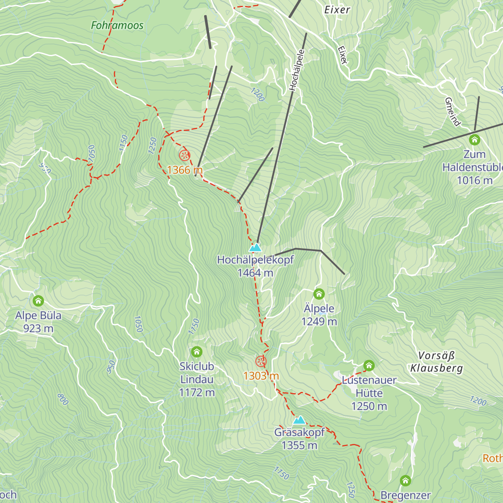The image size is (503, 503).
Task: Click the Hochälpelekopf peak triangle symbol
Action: (x=255, y=247)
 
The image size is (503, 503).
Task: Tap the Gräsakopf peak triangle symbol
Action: (x=299, y=420)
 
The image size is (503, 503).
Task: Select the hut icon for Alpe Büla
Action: (x=38, y=301)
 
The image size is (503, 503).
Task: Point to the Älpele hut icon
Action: (x=319, y=294)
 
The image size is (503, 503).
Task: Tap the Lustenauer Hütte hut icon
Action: (x=369, y=365)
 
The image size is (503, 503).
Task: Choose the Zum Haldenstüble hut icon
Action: (x=474, y=140)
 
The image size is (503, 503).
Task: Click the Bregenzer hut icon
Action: (x=405, y=480)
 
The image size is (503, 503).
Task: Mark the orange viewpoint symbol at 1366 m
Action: (x=184, y=156)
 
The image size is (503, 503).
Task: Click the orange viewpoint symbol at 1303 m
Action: (x=261, y=361)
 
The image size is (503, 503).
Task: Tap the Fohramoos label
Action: (x=117, y=26)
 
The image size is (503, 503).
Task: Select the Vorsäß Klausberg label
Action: (x=436, y=362)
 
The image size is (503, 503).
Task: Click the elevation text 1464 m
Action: (x=255, y=273)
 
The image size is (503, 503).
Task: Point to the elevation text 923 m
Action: (x=38, y=329)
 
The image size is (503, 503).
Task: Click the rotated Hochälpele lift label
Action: (x=296, y=70)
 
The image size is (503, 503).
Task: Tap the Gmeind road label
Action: (x=453, y=111)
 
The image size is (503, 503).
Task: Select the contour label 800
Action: (x=62, y=399)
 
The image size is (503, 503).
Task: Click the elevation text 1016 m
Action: (x=474, y=180)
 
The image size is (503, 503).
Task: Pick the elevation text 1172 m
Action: (x=197, y=393)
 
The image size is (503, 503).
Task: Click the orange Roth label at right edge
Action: (x=493, y=458)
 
